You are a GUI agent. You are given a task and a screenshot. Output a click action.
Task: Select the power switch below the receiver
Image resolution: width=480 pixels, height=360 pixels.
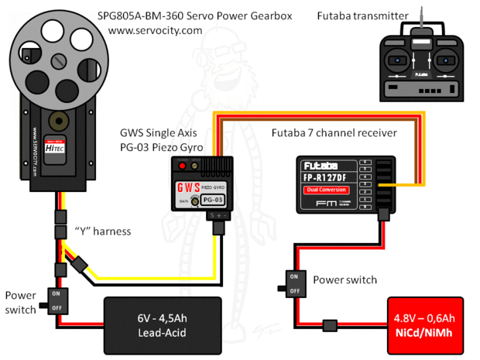[293, 283]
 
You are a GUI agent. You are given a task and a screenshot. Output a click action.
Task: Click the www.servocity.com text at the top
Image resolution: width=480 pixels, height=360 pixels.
[155, 30]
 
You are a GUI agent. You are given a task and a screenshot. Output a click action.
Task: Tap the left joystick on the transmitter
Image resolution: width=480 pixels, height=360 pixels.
[399, 60]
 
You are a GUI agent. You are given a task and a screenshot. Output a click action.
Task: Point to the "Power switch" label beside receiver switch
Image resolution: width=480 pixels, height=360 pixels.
[345, 279]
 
